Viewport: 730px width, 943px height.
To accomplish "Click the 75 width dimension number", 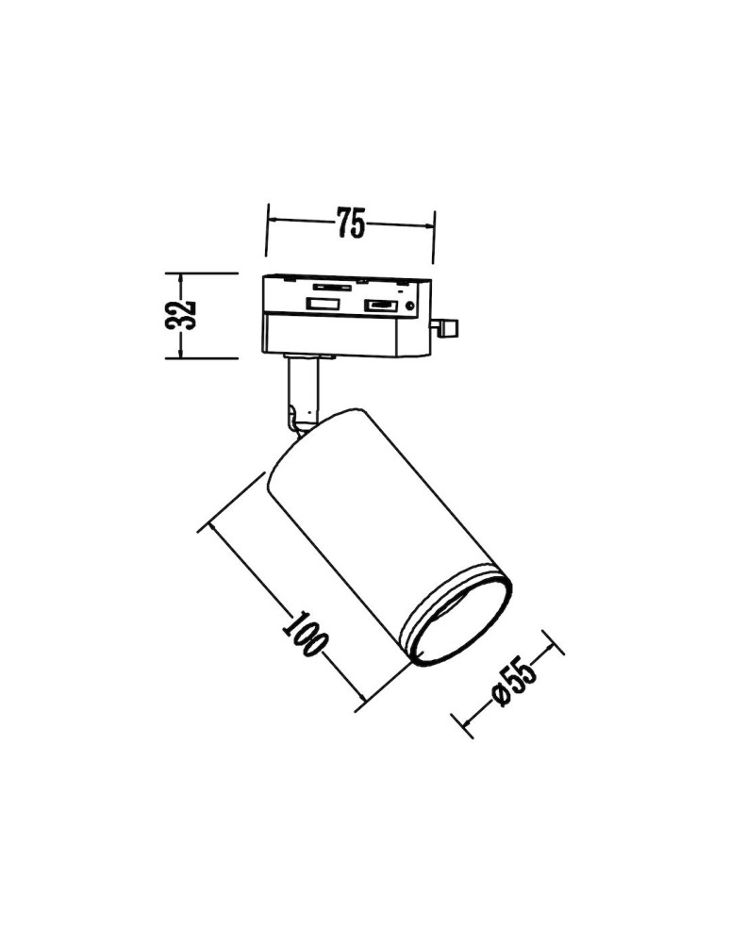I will pos(350,224).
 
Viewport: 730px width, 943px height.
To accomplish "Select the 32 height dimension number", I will pos(182,315).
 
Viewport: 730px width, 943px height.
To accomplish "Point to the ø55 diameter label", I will pos(514,682).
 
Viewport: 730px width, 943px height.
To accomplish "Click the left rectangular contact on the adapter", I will pos(321,305).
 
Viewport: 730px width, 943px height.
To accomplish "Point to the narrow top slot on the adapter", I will pos(330,283).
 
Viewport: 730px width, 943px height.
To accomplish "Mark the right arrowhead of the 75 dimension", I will pos(433,227).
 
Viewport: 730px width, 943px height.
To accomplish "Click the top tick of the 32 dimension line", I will pos(181,273).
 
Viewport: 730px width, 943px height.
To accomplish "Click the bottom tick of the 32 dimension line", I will pos(181,357).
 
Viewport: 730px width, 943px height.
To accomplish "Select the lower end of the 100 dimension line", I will pos(362,704).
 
